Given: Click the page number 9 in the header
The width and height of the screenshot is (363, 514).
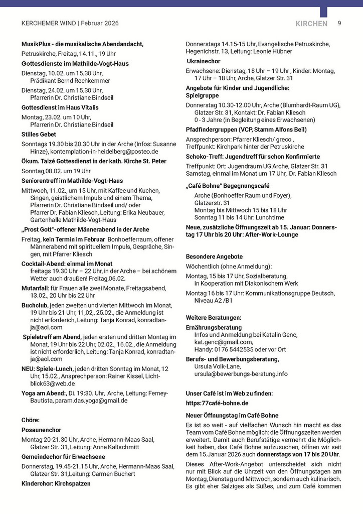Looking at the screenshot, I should pos(339,23).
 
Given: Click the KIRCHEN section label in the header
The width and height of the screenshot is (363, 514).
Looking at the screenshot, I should pos(311,24).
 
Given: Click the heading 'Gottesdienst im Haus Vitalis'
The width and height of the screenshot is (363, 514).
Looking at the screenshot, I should pos(60,107).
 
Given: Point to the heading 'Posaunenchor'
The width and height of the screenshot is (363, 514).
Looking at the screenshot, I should pos(42,430).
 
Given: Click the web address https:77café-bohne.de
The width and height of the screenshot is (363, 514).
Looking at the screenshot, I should pos(217,403).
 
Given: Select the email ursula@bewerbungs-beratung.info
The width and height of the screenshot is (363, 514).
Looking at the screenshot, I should pos(241,373).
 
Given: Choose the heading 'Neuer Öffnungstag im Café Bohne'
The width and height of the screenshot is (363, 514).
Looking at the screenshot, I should pos(232,416).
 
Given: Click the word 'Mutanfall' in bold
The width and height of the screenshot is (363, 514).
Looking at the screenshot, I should pos(35,289).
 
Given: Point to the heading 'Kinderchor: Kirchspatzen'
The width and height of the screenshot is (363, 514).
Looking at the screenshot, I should pos(56,483).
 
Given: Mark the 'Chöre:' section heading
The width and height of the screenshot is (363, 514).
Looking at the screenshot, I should pos(31,419).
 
